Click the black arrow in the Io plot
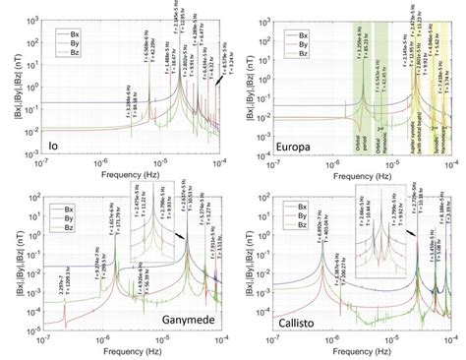click(216, 88)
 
